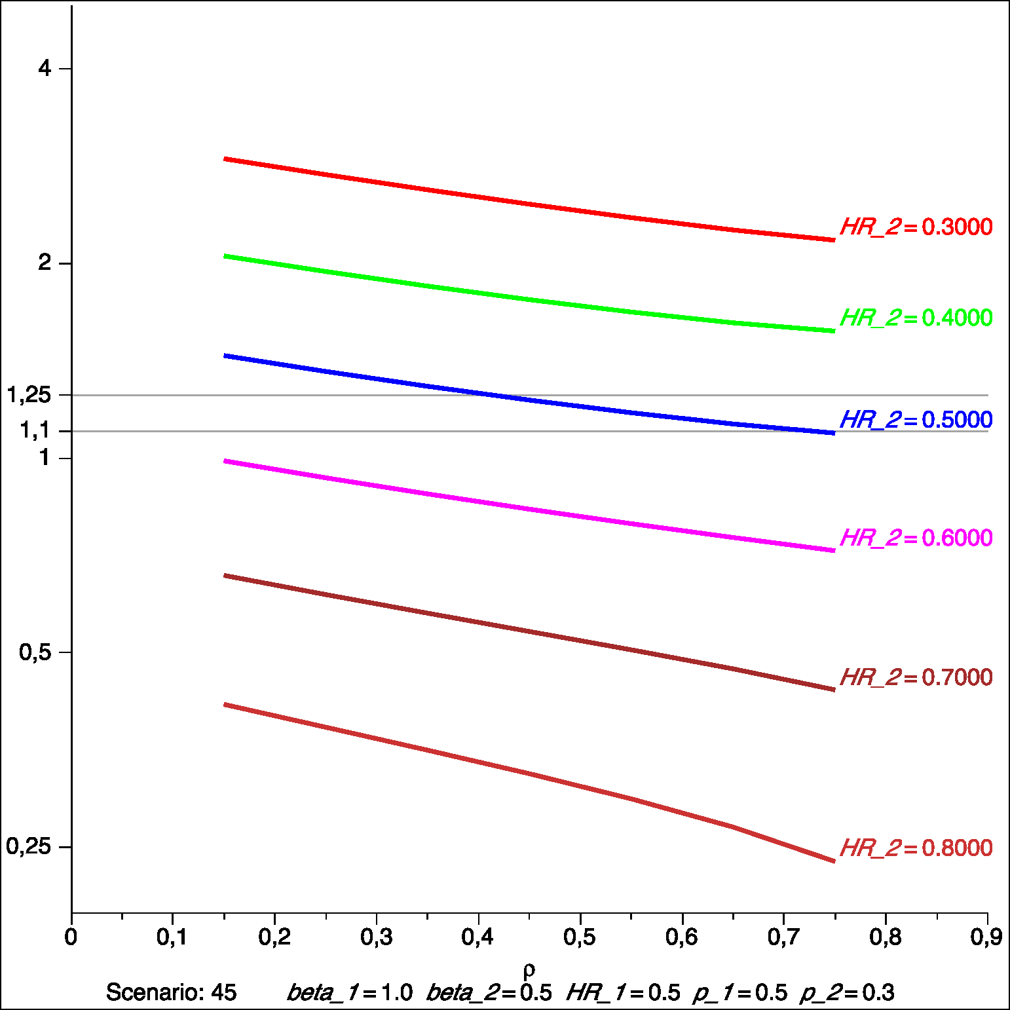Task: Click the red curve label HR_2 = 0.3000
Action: (916, 227)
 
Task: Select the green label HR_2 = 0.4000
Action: (916, 318)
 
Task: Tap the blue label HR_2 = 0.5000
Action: (916, 420)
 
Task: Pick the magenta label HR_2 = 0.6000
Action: (916, 538)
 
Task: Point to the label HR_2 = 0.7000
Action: (916, 677)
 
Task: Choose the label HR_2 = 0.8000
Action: (916, 848)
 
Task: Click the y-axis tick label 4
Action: (45, 68)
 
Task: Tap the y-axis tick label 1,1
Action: (35, 431)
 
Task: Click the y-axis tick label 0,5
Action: (35, 652)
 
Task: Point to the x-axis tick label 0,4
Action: (478, 937)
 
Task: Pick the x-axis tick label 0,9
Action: (986, 937)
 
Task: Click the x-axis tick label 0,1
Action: (172, 937)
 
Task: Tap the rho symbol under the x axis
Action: (529, 969)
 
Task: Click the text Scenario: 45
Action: (171, 992)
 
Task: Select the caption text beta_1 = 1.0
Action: (350, 992)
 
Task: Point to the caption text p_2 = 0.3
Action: (847, 992)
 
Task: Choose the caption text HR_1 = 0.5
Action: (624, 992)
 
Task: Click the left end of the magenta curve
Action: (225, 461)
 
